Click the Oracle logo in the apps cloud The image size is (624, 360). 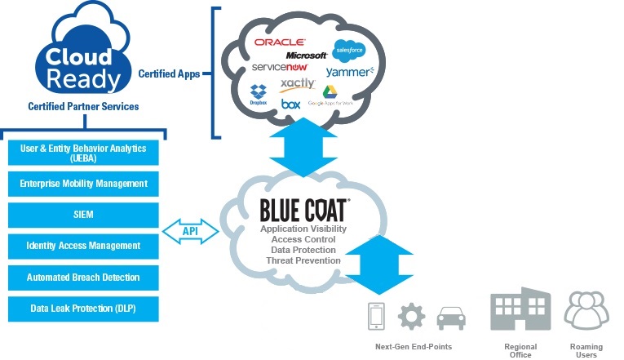(279, 41)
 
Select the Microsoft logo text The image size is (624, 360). (306, 55)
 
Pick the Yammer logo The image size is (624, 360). (349, 72)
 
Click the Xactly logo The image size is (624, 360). (297, 85)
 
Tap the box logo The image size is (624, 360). (290, 104)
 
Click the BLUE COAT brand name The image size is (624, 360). (304, 211)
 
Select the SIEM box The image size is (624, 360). (82, 215)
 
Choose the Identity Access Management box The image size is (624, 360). (82, 246)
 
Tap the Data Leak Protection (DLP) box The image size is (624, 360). (82, 309)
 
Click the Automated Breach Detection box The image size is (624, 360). (82, 278)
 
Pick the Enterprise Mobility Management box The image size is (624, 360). (82, 184)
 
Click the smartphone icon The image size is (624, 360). (376, 316)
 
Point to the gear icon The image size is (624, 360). (411, 316)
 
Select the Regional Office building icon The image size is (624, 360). (520, 309)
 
